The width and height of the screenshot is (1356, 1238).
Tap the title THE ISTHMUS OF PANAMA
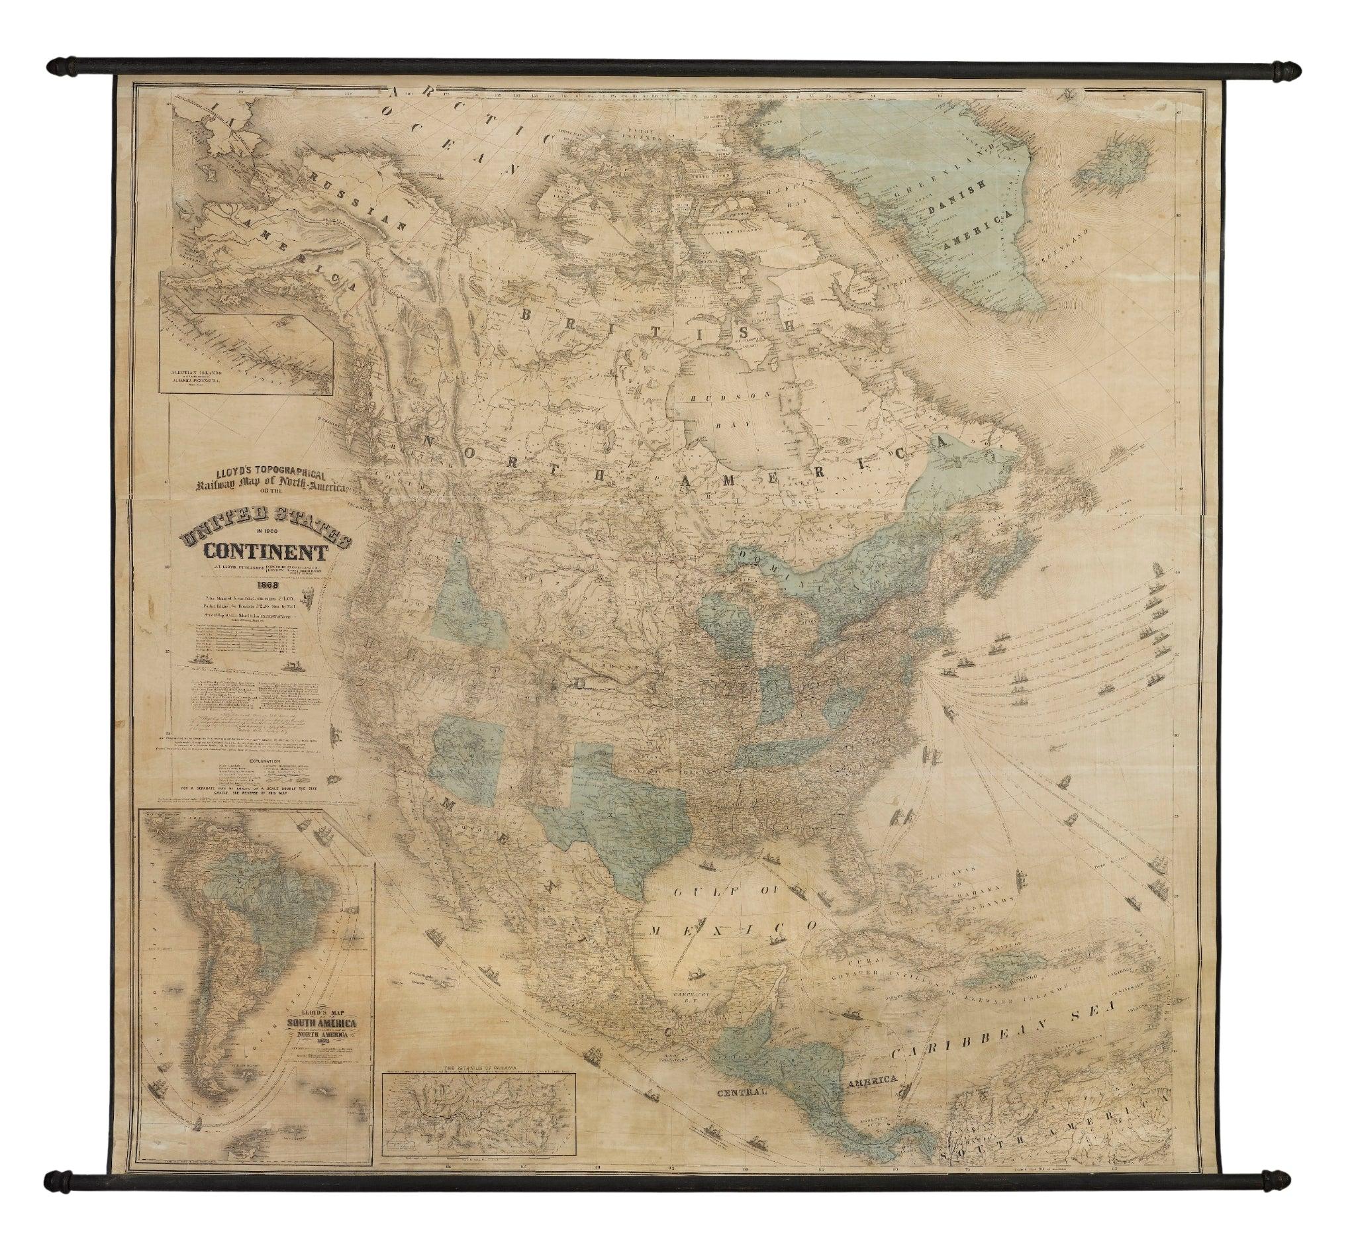[478, 1068]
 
